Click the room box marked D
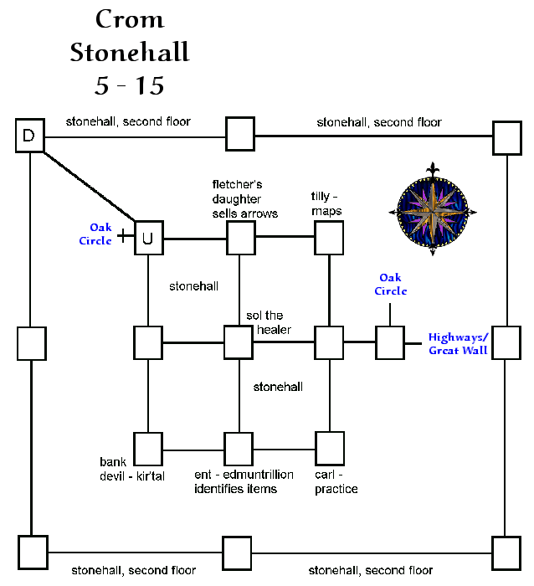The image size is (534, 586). coord(29,136)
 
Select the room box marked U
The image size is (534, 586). coord(148,239)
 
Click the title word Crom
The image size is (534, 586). coord(130,19)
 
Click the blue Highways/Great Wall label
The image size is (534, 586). coord(458,344)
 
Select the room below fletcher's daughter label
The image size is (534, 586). coord(239,239)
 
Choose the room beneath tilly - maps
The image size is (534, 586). coord(329,239)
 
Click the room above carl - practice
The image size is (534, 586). coord(329,447)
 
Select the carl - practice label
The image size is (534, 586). coord(336,481)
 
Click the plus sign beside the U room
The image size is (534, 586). coord(125,236)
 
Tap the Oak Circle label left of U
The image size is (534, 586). coord(100,234)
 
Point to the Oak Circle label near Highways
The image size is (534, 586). coord(390,284)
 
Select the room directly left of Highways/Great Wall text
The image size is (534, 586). coord(390,342)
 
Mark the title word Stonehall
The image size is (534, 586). coord(130,53)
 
